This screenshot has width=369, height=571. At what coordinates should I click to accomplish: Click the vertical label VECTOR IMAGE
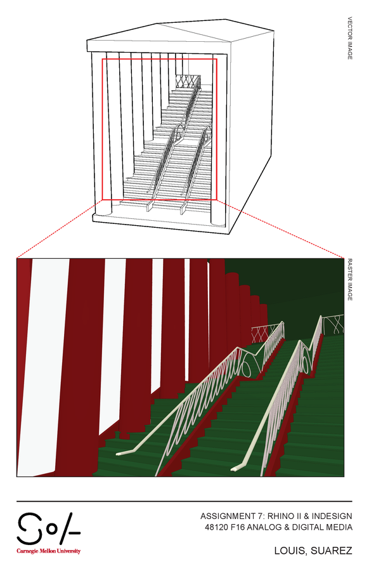tap(350, 38)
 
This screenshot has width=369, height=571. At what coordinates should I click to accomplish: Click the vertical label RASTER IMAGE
tap(350, 280)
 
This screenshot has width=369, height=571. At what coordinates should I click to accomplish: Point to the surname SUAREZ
tap(331, 551)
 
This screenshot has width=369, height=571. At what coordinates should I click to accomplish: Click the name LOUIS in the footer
tap(289, 551)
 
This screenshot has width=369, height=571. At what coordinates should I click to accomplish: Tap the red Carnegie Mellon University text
tap(48, 551)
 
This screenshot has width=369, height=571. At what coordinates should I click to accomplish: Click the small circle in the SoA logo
tap(53, 530)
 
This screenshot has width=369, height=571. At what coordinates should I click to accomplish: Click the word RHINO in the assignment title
tap(282, 516)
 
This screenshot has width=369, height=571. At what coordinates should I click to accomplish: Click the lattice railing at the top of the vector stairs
tap(188, 81)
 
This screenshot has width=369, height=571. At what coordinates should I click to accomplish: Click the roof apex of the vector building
tap(157, 24)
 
